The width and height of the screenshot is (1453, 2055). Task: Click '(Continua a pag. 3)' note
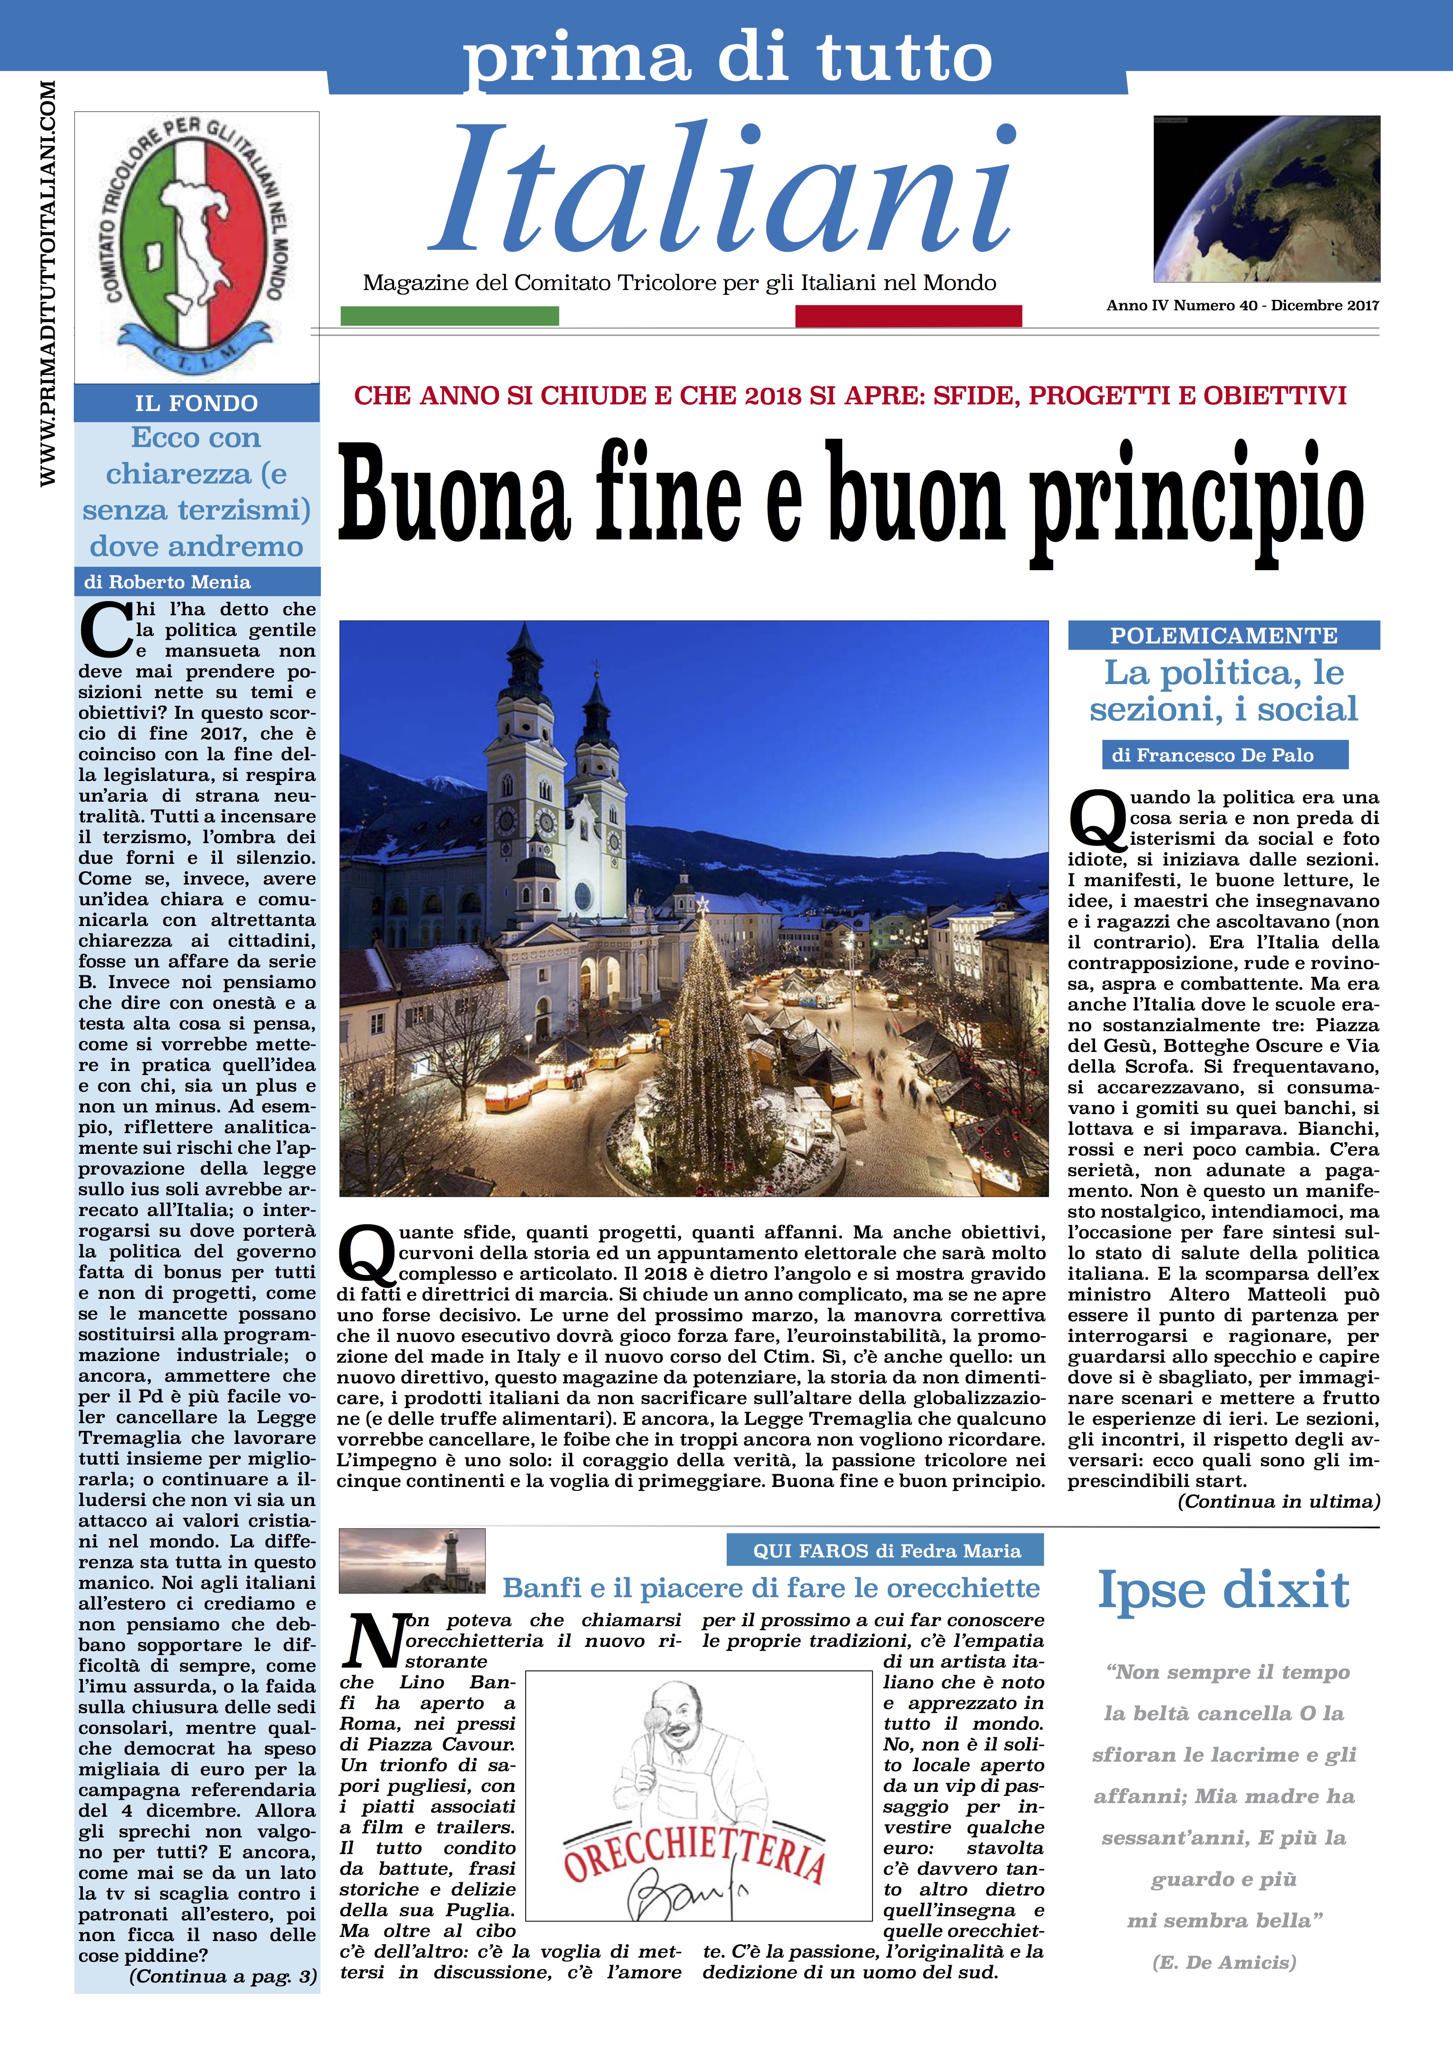coord(223,1976)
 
